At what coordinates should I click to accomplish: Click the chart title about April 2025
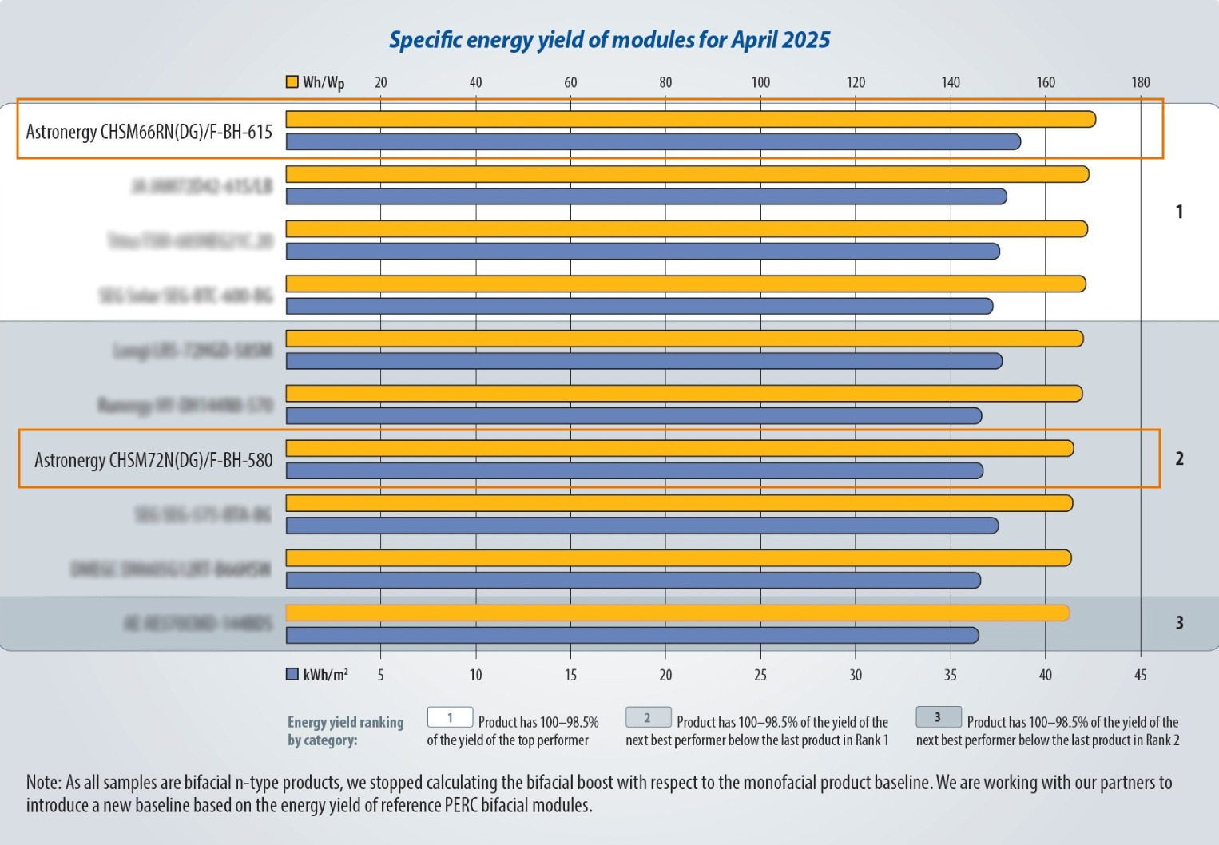[x=609, y=40]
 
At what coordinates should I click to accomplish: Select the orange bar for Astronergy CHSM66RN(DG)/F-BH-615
[x=690, y=119]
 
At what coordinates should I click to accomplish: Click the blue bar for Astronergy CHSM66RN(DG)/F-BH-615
[x=653, y=142]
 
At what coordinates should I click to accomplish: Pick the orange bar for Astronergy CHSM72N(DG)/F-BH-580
[x=679, y=449]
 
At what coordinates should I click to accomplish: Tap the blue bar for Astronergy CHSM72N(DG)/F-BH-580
[x=634, y=471]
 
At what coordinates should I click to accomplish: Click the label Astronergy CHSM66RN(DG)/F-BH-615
[x=149, y=132]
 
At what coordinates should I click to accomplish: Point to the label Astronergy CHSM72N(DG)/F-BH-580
[x=153, y=461]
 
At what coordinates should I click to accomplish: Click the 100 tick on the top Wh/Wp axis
[x=760, y=82]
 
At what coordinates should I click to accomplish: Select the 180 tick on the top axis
[x=1141, y=82]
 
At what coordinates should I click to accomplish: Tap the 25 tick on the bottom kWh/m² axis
[x=760, y=676]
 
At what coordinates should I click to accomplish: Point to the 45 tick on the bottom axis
[x=1141, y=676]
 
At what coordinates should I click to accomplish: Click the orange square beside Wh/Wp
[x=292, y=81]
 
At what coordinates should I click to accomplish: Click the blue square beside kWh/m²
[x=292, y=675]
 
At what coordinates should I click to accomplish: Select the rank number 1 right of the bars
[x=1179, y=212]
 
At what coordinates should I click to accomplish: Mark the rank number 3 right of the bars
[x=1179, y=623]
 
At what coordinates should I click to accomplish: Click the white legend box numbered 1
[x=450, y=717]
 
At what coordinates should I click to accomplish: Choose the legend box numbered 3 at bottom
[x=938, y=717]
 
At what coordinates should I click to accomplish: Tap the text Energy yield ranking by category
[x=345, y=731]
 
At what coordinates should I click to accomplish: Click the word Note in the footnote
[x=42, y=783]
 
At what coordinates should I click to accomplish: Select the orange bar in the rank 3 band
[x=677, y=613]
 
